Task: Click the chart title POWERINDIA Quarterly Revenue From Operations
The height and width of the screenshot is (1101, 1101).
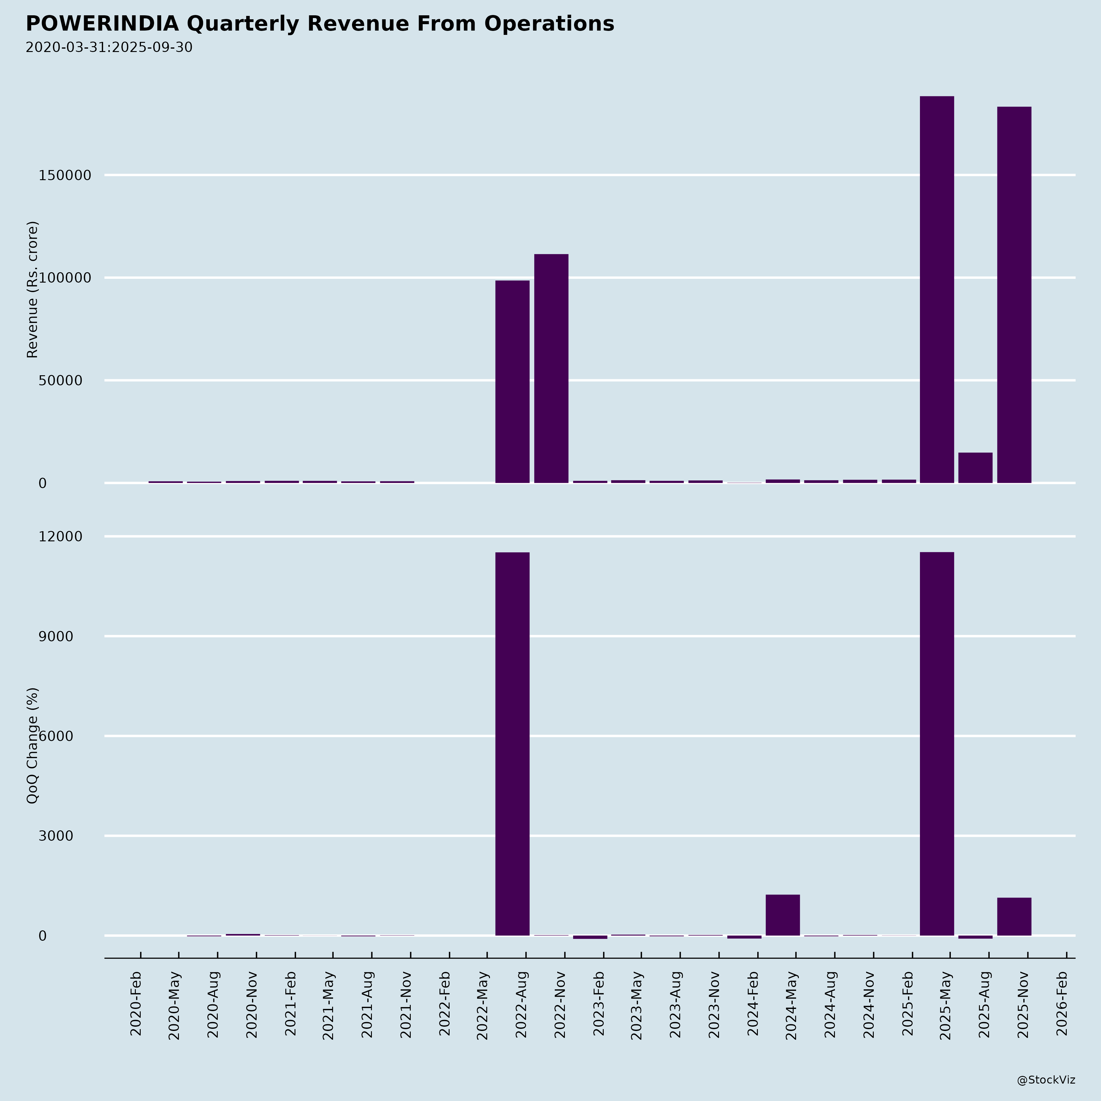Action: point(320,24)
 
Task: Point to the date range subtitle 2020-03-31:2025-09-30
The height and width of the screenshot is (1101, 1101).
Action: point(109,47)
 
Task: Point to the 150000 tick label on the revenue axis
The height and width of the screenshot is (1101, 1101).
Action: point(65,176)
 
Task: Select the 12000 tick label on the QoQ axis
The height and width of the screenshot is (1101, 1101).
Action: point(61,536)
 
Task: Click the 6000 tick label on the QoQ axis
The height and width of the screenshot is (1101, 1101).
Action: point(56,736)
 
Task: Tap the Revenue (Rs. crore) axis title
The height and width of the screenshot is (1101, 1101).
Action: point(32,290)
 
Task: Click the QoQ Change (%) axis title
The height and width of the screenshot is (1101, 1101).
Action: point(32,745)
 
